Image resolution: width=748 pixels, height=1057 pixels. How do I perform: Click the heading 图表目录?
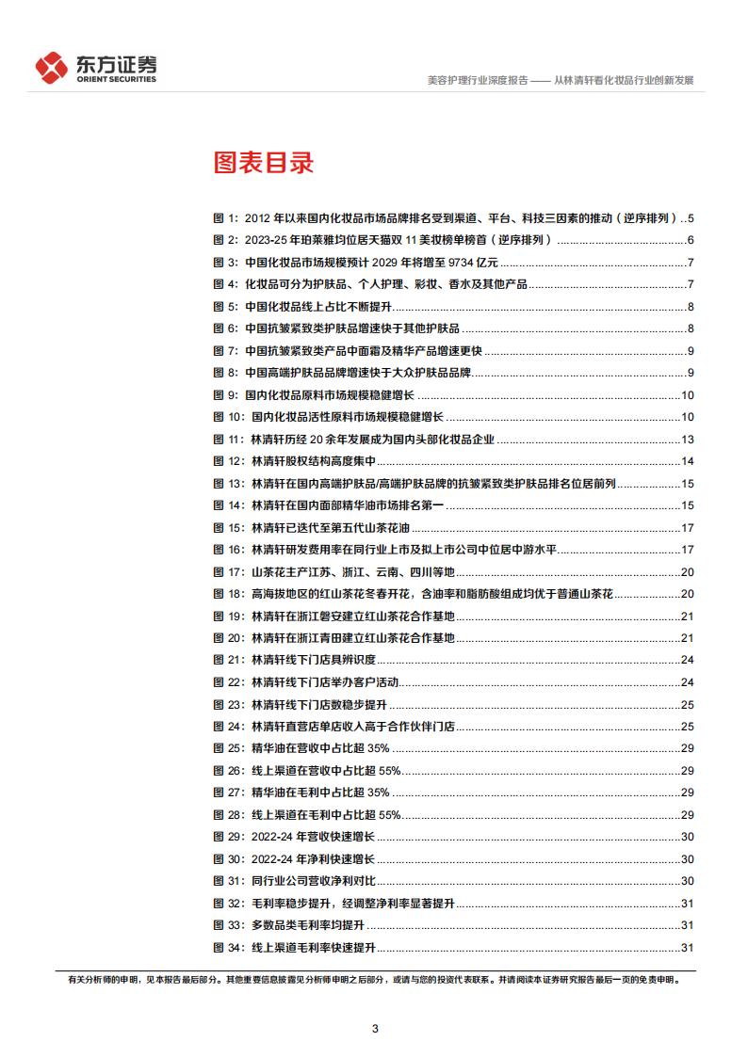[262, 164]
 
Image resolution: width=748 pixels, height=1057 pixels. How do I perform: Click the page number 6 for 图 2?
[691, 240]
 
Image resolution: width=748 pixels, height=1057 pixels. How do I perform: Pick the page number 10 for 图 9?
[688, 394]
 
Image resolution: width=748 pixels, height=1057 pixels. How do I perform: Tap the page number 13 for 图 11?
[688, 439]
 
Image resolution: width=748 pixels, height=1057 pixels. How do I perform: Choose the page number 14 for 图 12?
[688, 461]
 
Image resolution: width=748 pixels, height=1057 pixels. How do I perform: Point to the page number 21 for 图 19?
[688, 616]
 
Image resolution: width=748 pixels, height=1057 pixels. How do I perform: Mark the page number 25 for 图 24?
[688, 726]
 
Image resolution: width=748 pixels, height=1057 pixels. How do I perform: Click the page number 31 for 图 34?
[688, 947]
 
